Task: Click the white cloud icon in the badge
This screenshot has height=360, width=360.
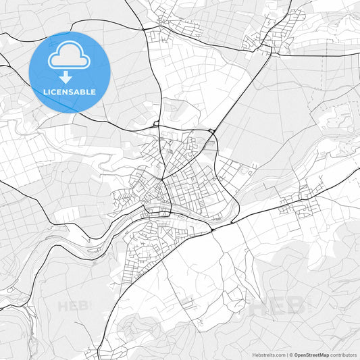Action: [69, 57]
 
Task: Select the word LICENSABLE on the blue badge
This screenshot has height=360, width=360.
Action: [69, 92]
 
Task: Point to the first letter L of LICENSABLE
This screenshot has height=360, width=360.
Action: [44, 92]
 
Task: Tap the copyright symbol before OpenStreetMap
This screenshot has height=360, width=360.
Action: [291, 355]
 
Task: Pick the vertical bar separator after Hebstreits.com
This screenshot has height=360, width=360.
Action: [286, 355]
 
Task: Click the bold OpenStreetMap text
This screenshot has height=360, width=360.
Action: [311, 355]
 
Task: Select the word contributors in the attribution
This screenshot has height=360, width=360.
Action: [343, 355]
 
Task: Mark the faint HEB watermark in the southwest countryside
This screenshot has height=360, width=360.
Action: [74, 306]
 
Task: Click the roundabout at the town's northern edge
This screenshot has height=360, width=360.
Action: [157, 124]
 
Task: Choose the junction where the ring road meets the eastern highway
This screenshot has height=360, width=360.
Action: [212, 229]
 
